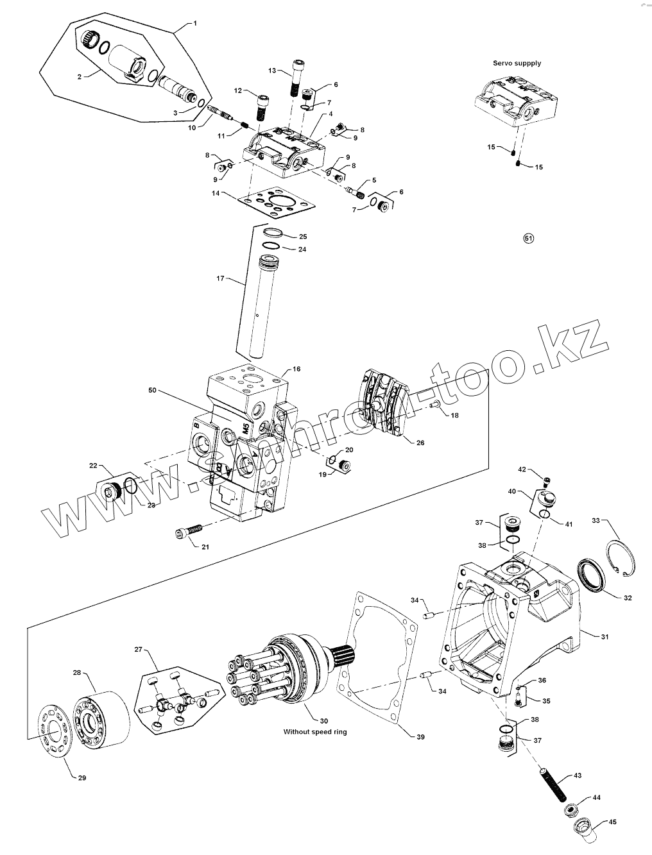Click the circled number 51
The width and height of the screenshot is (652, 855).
click(x=529, y=239)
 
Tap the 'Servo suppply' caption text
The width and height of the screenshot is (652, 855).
click(x=517, y=63)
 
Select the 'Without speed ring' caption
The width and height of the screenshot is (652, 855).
click(x=315, y=731)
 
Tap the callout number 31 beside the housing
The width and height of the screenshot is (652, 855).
click(x=605, y=637)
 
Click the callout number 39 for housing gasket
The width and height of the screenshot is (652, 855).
click(x=420, y=737)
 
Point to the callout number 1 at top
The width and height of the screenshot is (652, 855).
click(x=196, y=23)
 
